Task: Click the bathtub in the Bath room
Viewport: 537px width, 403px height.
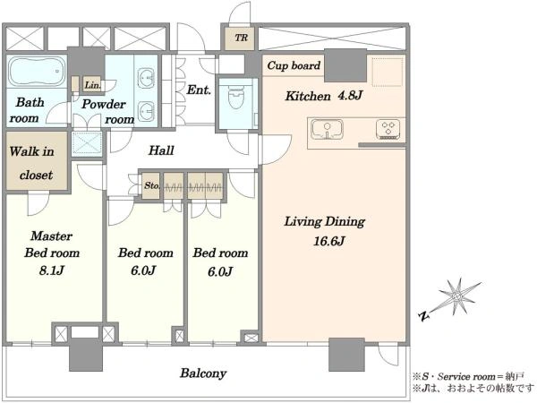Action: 37,72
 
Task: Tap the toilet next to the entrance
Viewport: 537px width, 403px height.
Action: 236,96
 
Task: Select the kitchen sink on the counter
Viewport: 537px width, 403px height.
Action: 327,130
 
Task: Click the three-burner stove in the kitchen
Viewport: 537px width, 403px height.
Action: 388,129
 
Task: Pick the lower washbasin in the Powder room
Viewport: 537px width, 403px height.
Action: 146,112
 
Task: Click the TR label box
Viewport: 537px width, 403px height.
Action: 241,38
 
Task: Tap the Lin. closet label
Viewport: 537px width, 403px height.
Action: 93,85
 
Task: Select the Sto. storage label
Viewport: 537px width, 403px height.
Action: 151,185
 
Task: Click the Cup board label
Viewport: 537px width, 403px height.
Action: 294,65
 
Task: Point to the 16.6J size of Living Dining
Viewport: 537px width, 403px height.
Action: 328,241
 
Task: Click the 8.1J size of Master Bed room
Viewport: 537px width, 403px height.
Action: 51,270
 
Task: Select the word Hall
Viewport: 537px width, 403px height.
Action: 161,150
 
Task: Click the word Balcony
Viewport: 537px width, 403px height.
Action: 203,373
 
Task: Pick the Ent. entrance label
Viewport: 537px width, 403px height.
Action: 199,90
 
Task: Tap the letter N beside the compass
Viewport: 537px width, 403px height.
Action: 424,315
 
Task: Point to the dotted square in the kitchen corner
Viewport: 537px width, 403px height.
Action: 387,72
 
